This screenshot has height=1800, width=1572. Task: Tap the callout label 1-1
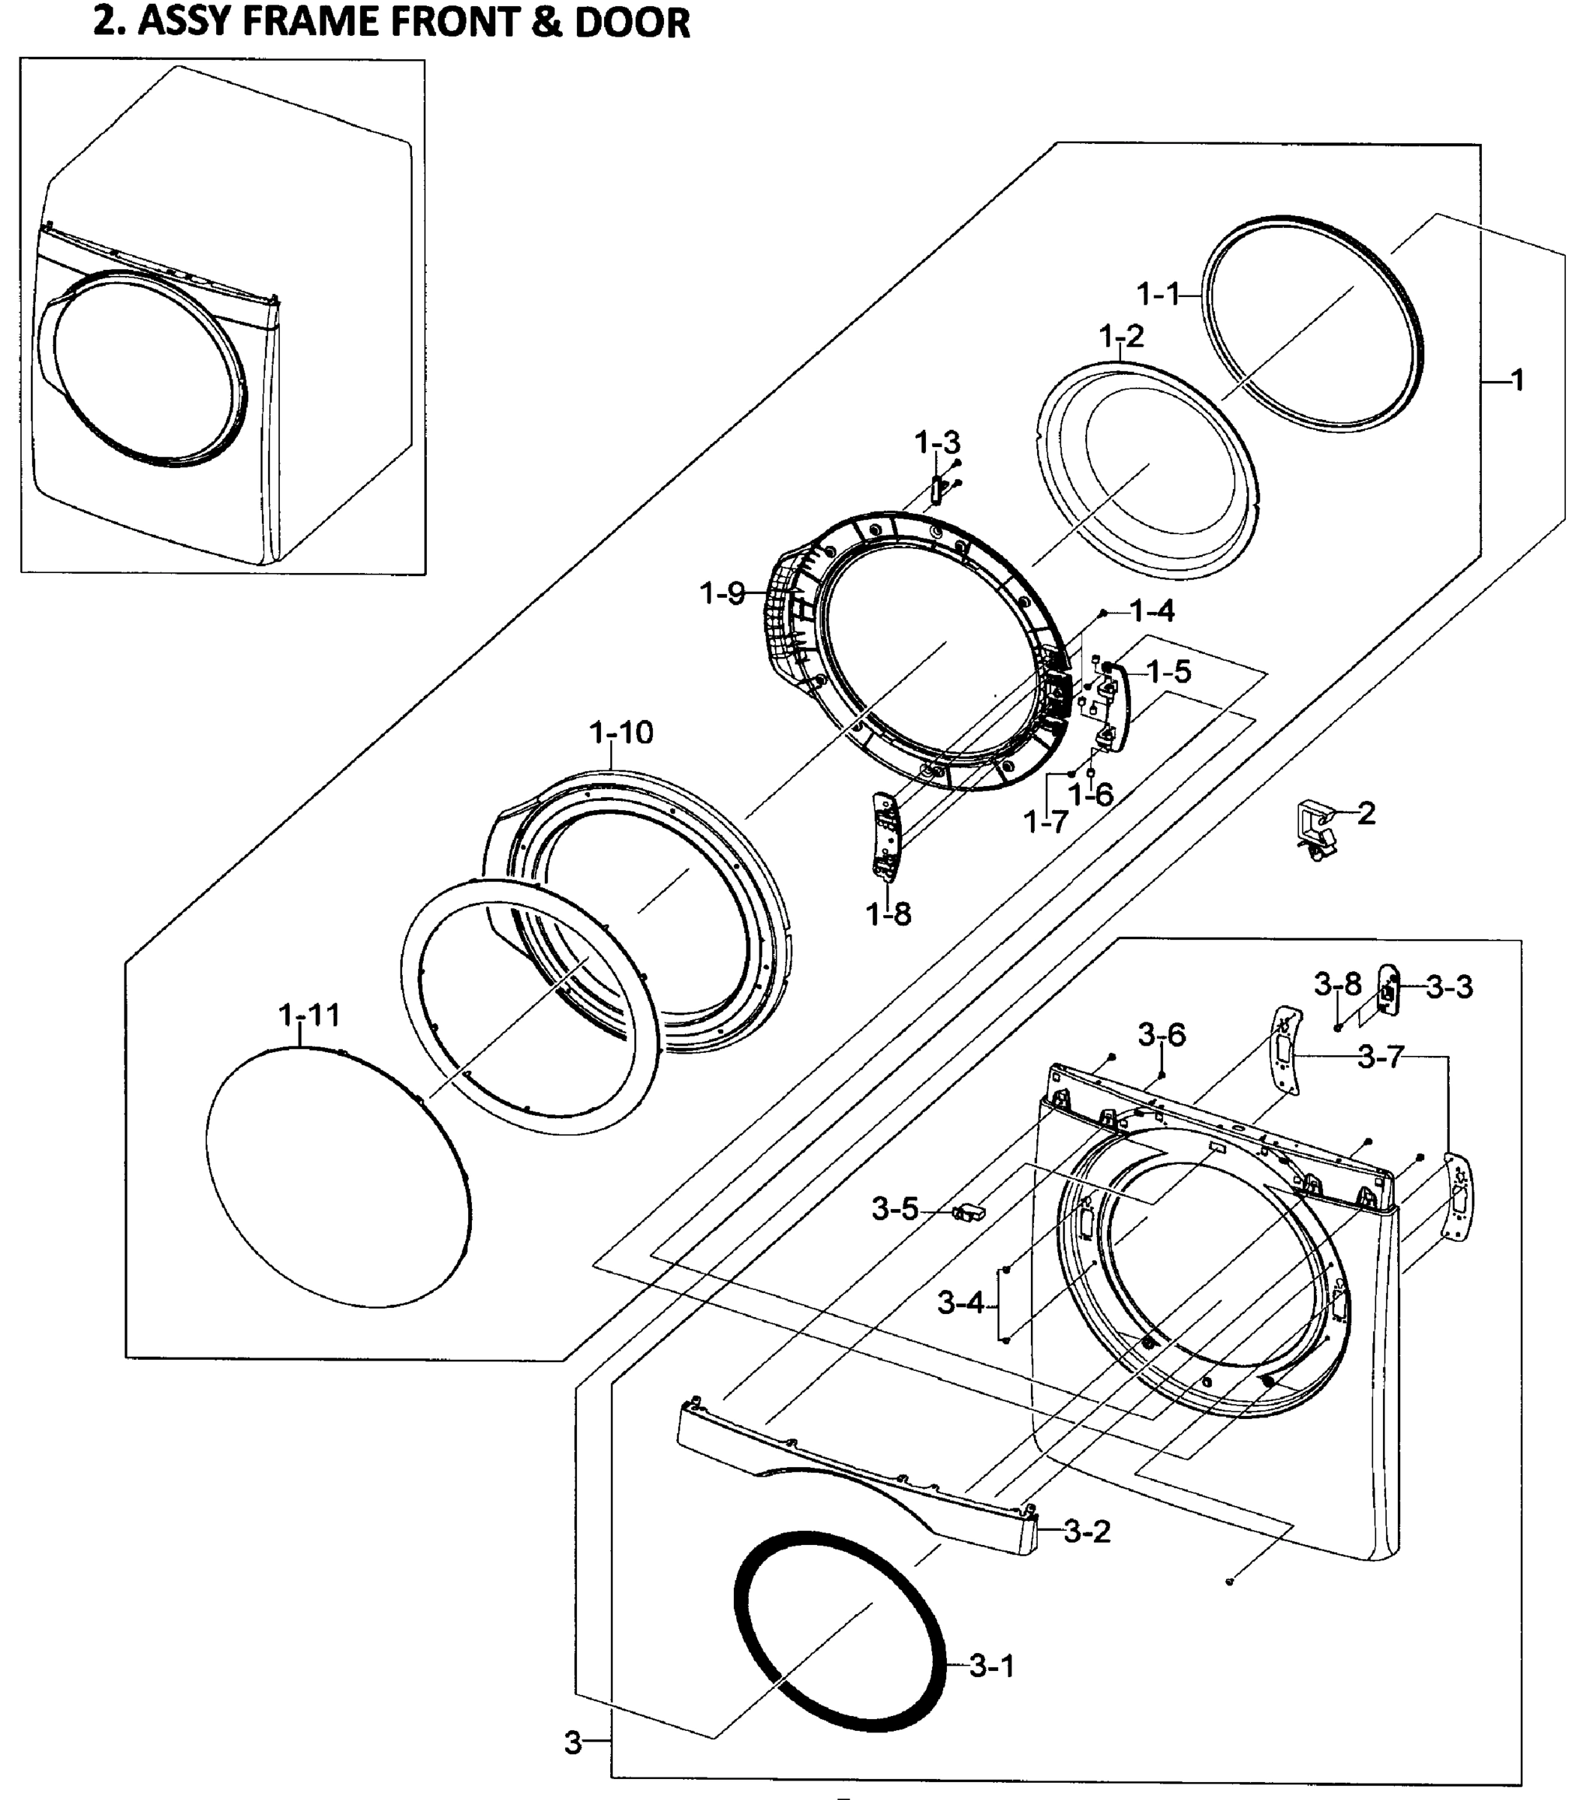pos(1158,294)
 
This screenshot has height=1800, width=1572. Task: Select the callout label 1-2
pos(1121,335)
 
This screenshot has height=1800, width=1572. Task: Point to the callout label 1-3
pos(937,442)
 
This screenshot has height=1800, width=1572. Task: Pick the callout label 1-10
pos(621,732)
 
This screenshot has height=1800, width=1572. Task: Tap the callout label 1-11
pos(309,1015)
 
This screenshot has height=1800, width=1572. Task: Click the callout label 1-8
pos(888,914)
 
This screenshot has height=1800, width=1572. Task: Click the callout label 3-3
pos(1449,986)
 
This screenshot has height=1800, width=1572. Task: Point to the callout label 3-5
pos(894,1209)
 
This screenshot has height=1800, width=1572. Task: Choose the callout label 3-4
pos(960,1303)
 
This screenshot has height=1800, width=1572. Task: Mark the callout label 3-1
pos(991,1666)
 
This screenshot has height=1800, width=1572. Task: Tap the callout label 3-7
pos(1381,1057)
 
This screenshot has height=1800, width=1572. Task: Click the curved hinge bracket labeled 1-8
pos(886,833)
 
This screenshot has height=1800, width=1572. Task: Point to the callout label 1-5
pos(1168,673)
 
